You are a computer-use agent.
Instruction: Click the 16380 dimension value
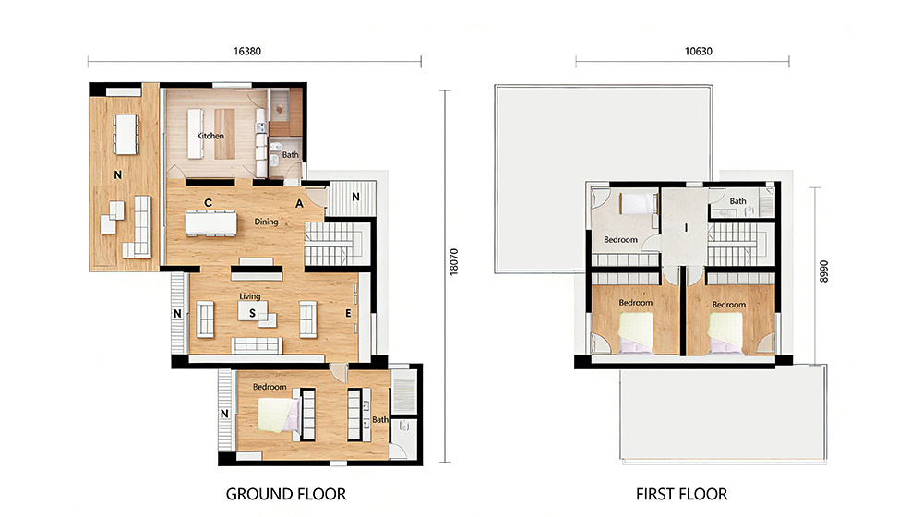(x=246, y=51)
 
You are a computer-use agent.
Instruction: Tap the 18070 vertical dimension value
(x=453, y=261)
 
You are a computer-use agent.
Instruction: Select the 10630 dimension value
(x=698, y=51)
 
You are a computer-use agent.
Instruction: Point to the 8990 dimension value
(x=823, y=271)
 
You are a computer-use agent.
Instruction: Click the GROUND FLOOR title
(x=286, y=494)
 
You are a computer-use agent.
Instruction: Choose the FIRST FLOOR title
(x=682, y=494)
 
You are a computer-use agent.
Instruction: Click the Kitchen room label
(x=210, y=136)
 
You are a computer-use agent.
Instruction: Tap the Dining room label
(x=266, y=222)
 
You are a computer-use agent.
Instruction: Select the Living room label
(x=249, y=296)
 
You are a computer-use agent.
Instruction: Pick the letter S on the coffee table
(x=253, y=313)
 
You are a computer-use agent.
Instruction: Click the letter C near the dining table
(x=208, y=202)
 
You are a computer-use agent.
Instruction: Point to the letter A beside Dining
(x=299, y=204)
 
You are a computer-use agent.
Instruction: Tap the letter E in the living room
(x=349, y=313)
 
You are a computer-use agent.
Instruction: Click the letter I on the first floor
(x=686, y=227)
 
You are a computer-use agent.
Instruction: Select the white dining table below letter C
(x=211, y=223)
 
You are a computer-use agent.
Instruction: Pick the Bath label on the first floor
(x=737, y=200)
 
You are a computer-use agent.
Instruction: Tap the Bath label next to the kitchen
(x=290, y=155)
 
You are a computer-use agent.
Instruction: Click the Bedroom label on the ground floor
(x=270, y=387)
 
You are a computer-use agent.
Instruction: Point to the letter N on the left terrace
(x=118, y=174)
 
